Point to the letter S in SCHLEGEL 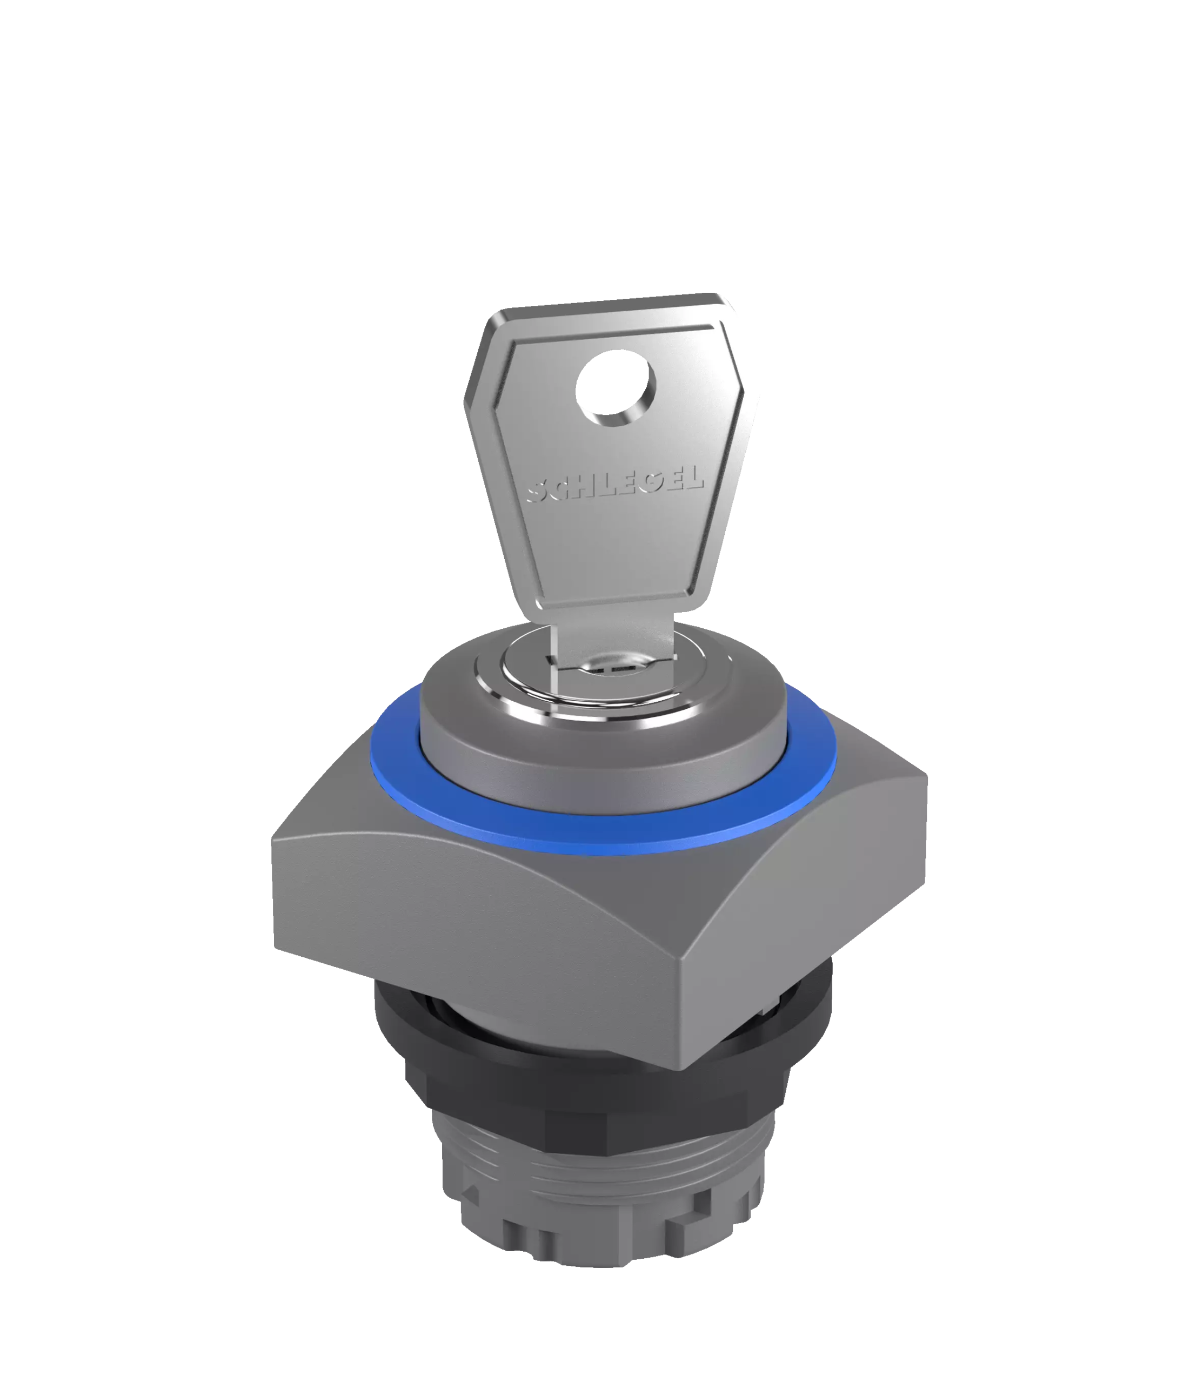538,494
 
